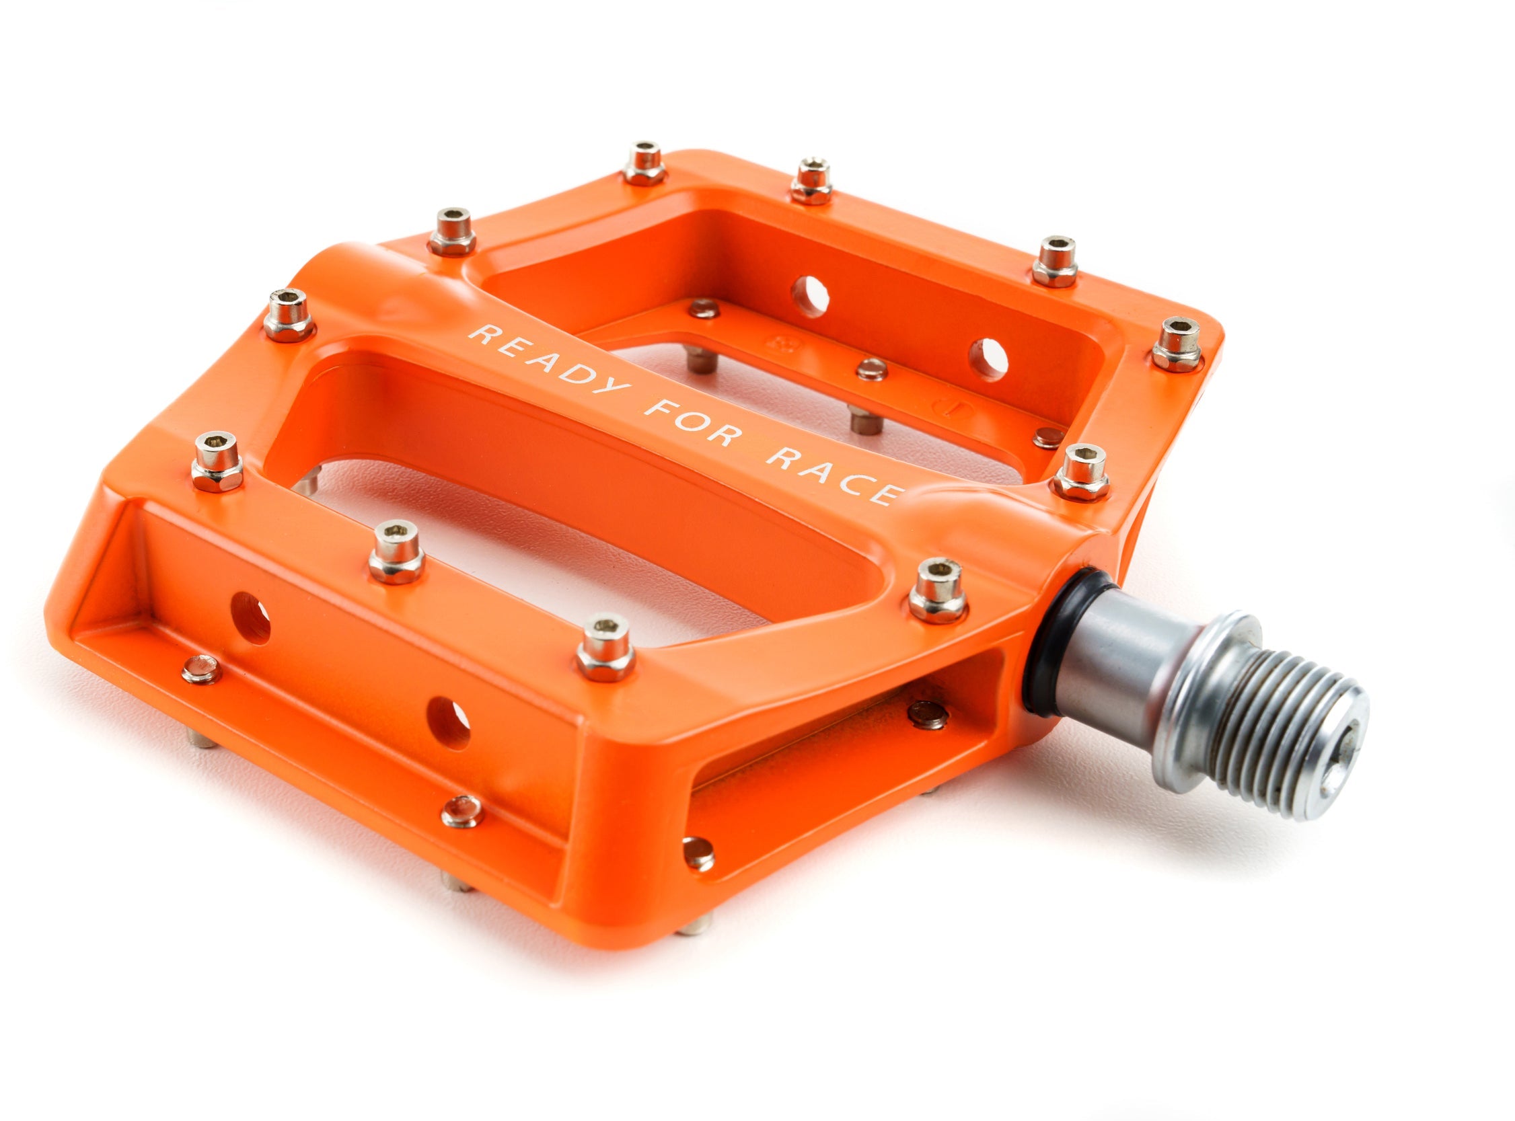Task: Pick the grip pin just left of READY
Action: [289, 313]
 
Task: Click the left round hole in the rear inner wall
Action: [810, 296]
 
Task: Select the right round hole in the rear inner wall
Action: [988, 358]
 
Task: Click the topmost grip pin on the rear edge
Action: [642, 163]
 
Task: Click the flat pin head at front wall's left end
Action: [201, 669]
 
